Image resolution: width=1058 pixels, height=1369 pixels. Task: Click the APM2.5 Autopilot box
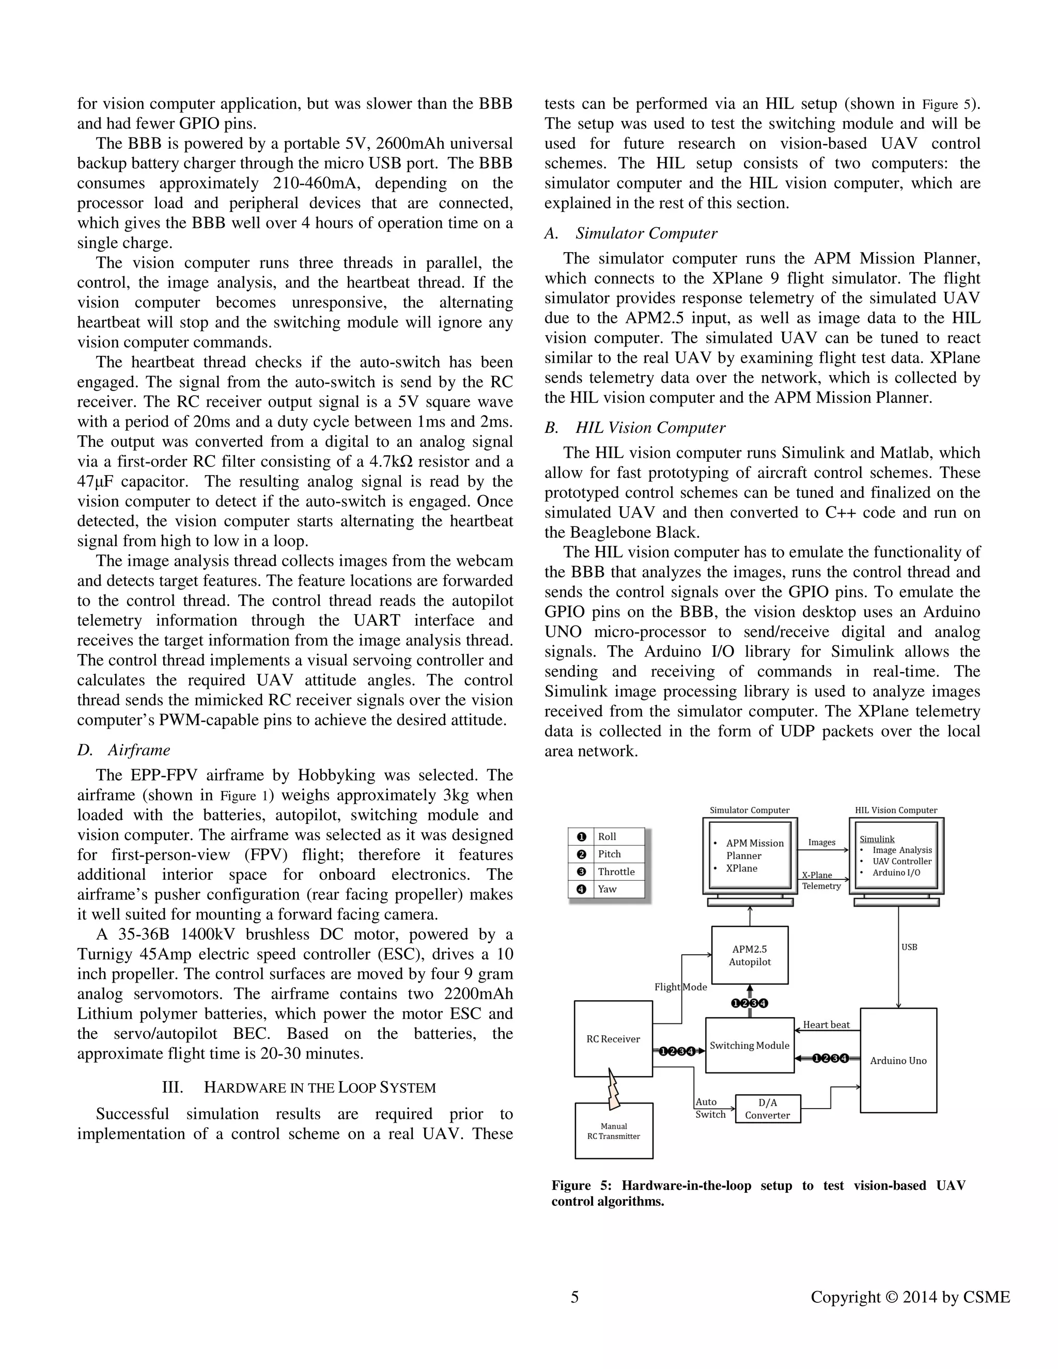[x=750, y=955]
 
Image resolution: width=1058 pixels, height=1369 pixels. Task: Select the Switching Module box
[x=749, y=1045]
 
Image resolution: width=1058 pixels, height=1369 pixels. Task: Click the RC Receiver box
[x=613, y=1039]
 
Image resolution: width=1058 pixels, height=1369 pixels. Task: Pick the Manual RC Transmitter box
[x=614, y=1131]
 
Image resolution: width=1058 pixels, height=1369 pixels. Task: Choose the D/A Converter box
[x=767, y=1109]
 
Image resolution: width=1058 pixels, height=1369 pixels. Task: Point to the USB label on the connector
[x=909, y=947]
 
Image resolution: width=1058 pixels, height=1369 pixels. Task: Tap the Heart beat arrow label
[x=826, y=1025]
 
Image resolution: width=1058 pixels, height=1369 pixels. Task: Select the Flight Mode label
[x=680, y=987]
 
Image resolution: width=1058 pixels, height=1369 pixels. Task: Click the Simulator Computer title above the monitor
[x=749, y=810]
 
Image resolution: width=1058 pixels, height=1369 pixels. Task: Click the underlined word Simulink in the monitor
[x=876, y=838]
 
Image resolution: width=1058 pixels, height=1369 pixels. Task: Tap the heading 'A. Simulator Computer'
[x=631, y=233]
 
